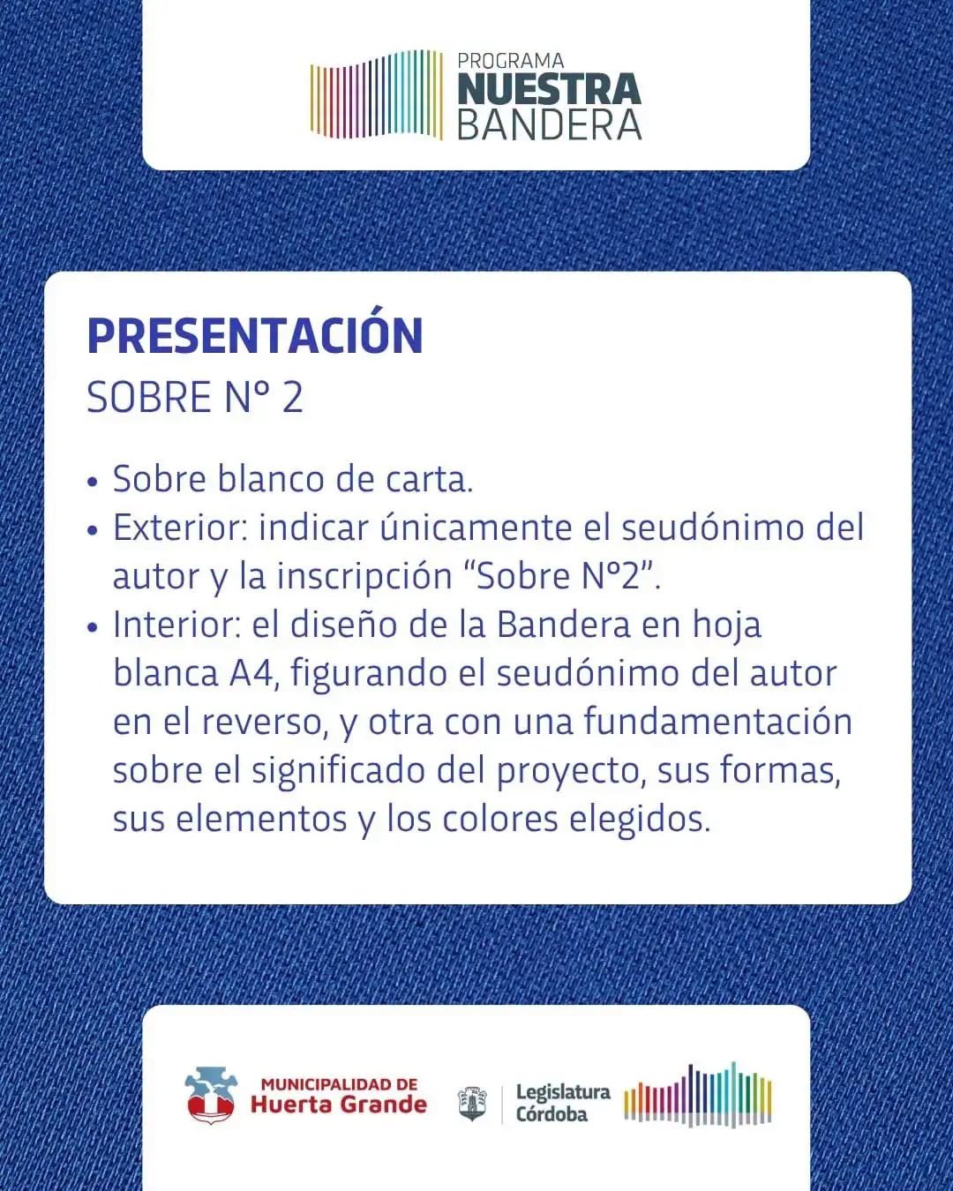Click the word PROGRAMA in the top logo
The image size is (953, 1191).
click(x=511, y=61)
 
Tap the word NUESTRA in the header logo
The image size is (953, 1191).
click(x=550, y=90)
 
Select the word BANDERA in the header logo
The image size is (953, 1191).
click(x=550, y=125)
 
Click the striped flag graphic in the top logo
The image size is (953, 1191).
click(x=377, y=94)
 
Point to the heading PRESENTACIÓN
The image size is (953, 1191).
click(x=255, y=335)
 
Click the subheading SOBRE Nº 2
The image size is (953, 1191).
click(x=195, y=397)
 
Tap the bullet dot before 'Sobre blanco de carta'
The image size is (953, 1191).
click(x=93, y=482)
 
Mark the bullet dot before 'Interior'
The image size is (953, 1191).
click(x=93, y=627)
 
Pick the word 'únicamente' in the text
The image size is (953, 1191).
click(x=476, y=527)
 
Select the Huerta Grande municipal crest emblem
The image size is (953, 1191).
click(x=211, y=1095)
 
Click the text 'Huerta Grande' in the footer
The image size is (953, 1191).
click(x=339, y=1105)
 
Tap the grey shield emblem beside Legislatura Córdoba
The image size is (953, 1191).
click(x=472, y=1104)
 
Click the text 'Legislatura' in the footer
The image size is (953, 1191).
click(x=563, y=1092)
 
